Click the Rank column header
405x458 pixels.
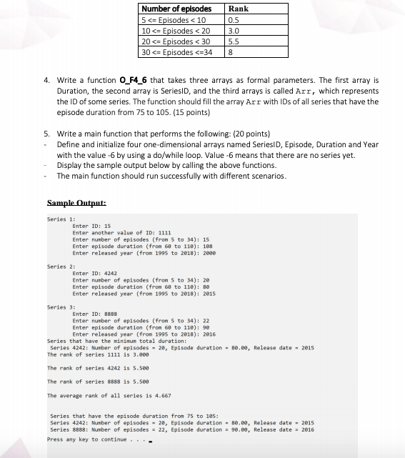[238, 9]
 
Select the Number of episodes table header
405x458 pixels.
[176, 9]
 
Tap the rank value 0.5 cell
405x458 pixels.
[233, 19]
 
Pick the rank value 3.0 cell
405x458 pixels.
[233, 31]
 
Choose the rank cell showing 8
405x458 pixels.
[230, 52]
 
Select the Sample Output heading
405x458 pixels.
[76, 203]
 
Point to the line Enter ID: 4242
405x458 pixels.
[94, 272]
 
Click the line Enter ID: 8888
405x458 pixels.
[94, 314]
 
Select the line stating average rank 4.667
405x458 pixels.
[109, 395]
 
